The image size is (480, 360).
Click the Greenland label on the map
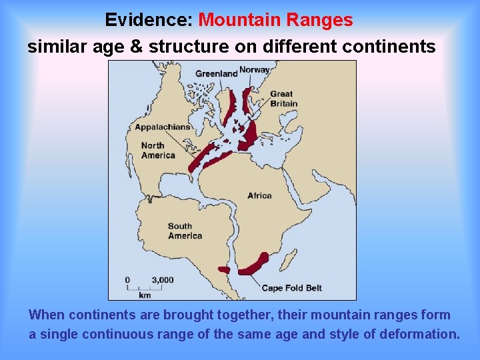coord(216,73)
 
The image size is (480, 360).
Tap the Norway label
coord(254,70)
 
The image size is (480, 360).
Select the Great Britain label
coord(283,99)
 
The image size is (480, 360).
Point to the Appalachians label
coord(162,127)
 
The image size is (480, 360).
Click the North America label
coord(158,151)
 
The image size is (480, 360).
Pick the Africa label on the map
coord(259,195)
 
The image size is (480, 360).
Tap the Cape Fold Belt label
coord(291,288)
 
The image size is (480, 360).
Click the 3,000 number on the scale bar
coord(163,280)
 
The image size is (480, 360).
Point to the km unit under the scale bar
coord(145,295)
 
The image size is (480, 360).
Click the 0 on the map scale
coord(127,280)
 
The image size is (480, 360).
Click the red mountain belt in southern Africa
coord(255,264)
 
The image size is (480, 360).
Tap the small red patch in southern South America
coord(224,270)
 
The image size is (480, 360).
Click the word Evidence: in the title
coord(149,20)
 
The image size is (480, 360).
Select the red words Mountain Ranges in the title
coord(276,20)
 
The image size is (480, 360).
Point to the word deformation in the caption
coord(419,334)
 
